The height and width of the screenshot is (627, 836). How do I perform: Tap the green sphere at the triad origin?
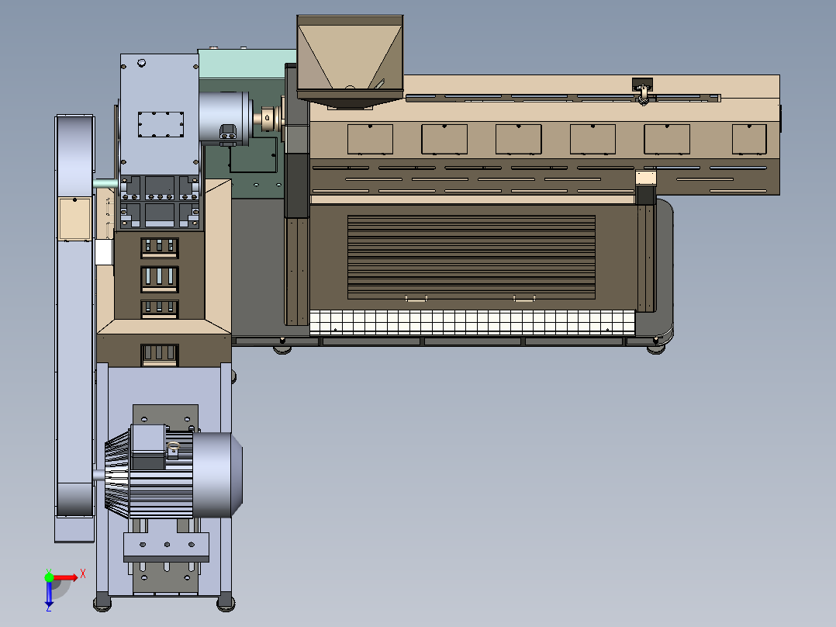pyautogui.click(x=49, y=577)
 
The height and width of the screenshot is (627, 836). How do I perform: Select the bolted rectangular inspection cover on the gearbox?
pyautogui.click(x=161, y=124)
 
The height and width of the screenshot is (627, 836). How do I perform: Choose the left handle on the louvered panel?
pyautogui.click(x=416, y=297)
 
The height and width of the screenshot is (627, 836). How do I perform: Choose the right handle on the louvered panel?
pyautogui.click(x=524, y=297)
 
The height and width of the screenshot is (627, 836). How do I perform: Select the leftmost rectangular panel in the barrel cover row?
pyautogui.click(x=370, y=139)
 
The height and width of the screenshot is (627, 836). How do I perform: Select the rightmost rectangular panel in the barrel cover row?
pyautogui.click(x=749, y=139)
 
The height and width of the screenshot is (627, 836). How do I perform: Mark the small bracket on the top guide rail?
pyautogui.click(x=642, y=89)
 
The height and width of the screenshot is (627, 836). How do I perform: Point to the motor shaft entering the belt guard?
pyautogui.click(x=98, y=474)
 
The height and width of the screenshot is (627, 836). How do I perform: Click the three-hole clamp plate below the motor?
pyautogui.click(x=167, y=547)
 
